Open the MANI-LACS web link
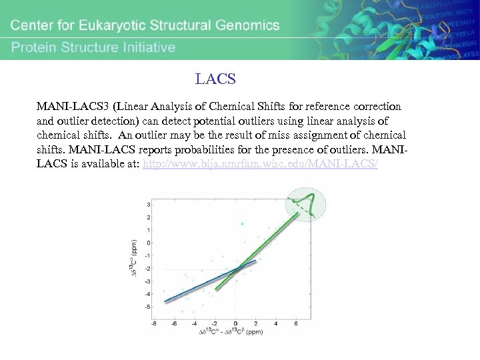(x=261, y=163)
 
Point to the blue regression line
(x=200, y=283)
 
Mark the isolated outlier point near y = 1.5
(x=242, y=224)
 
